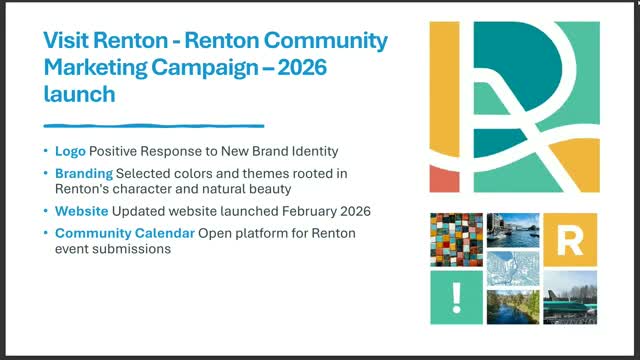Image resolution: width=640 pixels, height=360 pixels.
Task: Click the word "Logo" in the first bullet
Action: click(x=70, y=150)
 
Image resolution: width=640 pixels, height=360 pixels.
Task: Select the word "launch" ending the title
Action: click(x=78, y=95)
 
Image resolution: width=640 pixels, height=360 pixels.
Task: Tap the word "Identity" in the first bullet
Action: click(x=311, y=150)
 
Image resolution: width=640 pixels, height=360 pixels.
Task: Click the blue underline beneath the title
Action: click(x=153, y=126)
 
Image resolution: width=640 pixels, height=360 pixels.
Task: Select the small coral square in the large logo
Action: click(x=444, y=178)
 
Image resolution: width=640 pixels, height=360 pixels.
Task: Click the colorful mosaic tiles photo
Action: click(x=455, y=239)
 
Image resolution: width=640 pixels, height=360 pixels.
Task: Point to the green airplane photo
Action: click(x=571, y=298)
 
